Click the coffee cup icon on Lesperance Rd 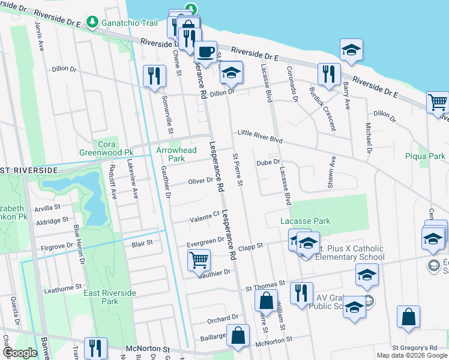coord(206,52)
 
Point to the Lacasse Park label coord(306,221)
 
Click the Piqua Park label coord(426,157)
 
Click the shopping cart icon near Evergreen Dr coord(198,260)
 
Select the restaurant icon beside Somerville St coord(155,76)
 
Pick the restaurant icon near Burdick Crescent coord(328,74)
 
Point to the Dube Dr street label coord(268,162)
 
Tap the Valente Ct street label coord(205,215)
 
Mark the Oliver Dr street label coord(200,181)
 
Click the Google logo coord(20,353)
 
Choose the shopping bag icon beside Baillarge coord(239,337)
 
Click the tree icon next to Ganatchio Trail coord(92,23)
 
